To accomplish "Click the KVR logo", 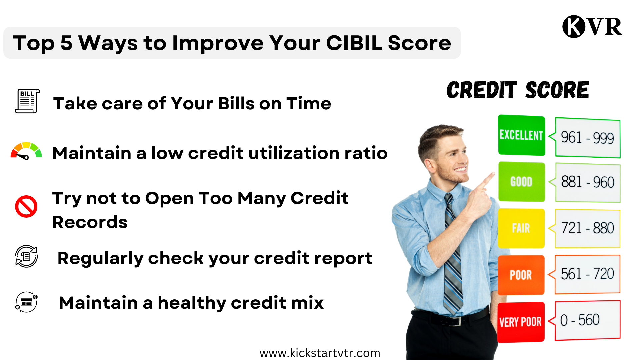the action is [x=592, y=26].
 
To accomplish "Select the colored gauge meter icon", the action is [x=26, y=151].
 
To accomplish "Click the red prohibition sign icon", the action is [x=26, y=206].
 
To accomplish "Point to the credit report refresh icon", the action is [x=26, y=256].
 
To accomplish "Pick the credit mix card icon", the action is [x=26, y=302].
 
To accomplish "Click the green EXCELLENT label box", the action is [x=521, y=135].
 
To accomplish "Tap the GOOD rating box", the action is [x=521, y=182].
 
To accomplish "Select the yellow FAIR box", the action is [x=521, y=228].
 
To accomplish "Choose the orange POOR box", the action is [x=521, y=275].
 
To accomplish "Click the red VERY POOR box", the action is [x=521, y=322].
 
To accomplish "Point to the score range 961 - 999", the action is [x=587, y=137].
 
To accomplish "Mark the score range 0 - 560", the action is [x=580, y=320].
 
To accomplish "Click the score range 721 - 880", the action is [x=587, y=228].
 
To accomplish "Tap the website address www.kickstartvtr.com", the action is [x=320, y=353].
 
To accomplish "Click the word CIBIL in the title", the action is [x=354, y=43].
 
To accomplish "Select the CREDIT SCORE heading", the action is [x=518, y=90].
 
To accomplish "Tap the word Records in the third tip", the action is [x=90, y=222].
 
